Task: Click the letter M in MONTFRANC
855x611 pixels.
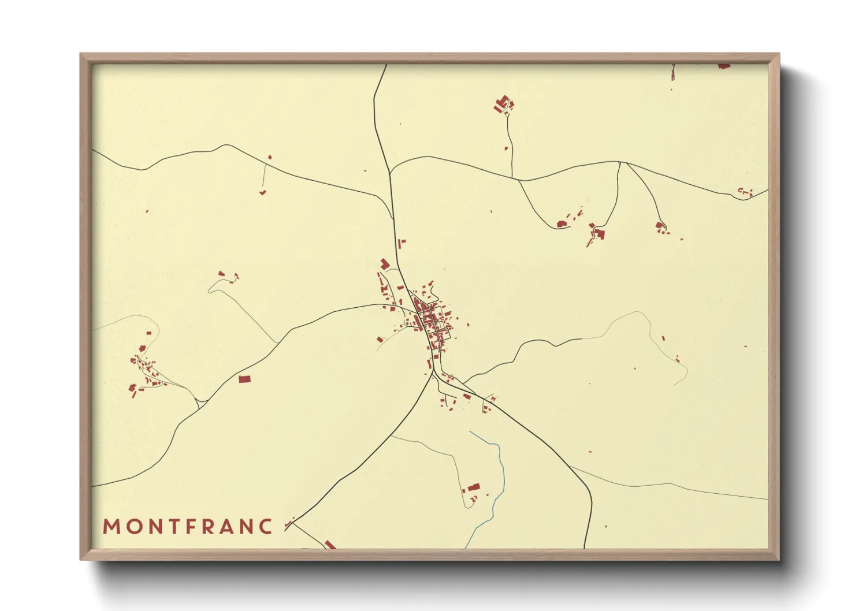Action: point(110,527)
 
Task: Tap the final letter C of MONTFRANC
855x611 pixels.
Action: point(266,527)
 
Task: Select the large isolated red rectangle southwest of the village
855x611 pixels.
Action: point(244,379)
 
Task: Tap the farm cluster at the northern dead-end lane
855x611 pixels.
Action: point(503,105)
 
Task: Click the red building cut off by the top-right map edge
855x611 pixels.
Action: point(723,66)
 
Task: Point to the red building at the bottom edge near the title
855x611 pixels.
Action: point(330,544)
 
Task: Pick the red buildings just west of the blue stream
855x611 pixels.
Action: point(473,488)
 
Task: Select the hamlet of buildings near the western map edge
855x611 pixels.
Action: point(144,370)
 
